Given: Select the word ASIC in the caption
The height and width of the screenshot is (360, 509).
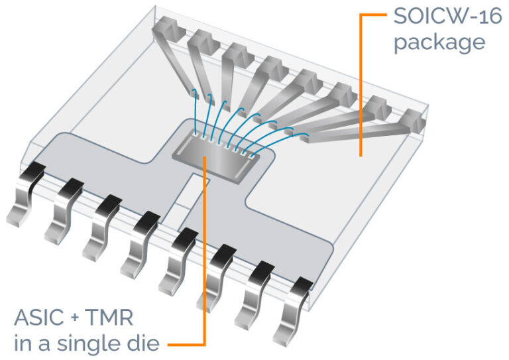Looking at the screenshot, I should pos(40,319).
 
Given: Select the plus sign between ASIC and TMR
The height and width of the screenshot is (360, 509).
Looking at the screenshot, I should pos(78,319).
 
